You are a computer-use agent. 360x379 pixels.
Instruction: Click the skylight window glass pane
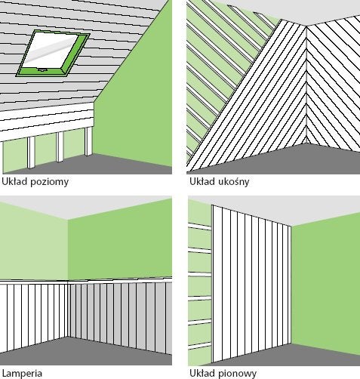click(52, 51)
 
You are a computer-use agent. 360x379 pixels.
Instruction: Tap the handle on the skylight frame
click(41, 70)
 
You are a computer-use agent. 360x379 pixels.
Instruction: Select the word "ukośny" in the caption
click(233, 181)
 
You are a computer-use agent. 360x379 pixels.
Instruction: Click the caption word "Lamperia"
click(22, 374)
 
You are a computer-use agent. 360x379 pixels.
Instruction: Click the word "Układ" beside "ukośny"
click(202, 181)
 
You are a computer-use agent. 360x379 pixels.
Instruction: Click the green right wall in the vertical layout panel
click(326, 282)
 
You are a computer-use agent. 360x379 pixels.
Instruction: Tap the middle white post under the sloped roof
click(60, 147)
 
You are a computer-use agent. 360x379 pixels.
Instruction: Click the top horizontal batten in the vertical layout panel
click(199, 226)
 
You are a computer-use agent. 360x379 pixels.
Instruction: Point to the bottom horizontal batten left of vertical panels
click(199, 346)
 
